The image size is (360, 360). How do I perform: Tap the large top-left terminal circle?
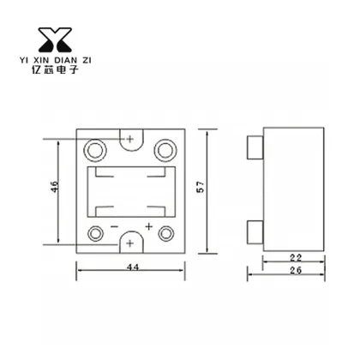[x=95, y=150]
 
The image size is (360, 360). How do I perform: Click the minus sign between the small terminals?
[x=113, y=227]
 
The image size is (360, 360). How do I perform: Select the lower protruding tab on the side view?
[x=253, y=231]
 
